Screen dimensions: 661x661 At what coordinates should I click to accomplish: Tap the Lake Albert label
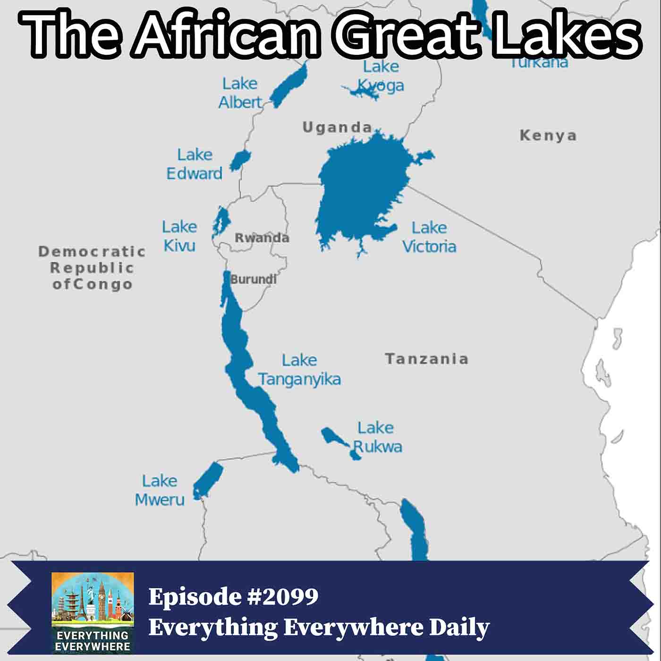click(x=240, y=93)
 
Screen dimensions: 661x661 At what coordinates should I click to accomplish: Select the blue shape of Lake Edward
click(x=240, y=160)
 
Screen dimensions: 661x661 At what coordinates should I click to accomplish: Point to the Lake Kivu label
click(x=179, y=236)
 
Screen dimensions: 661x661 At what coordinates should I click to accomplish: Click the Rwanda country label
click(x=262, y=237)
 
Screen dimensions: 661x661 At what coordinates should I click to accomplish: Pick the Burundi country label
click(x=253, y=279)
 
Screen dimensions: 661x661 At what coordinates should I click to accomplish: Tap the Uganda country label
click(x=337, y=127)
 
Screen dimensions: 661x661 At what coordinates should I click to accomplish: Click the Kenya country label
click(x=548, y=136)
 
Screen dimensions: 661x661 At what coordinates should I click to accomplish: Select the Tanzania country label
click(x=426, y=359)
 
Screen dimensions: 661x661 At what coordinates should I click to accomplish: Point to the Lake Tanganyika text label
click(x=299, y=370)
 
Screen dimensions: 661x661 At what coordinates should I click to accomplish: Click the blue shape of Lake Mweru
click(x=208, y=479)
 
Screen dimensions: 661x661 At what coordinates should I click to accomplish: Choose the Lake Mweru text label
click(x=160, y=490)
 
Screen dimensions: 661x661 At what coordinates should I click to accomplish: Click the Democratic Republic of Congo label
click(x=92, y=268)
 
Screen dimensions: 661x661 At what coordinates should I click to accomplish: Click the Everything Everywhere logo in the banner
click(x=93, y=612)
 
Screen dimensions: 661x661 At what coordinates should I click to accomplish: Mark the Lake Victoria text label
click(x=429, y=237)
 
